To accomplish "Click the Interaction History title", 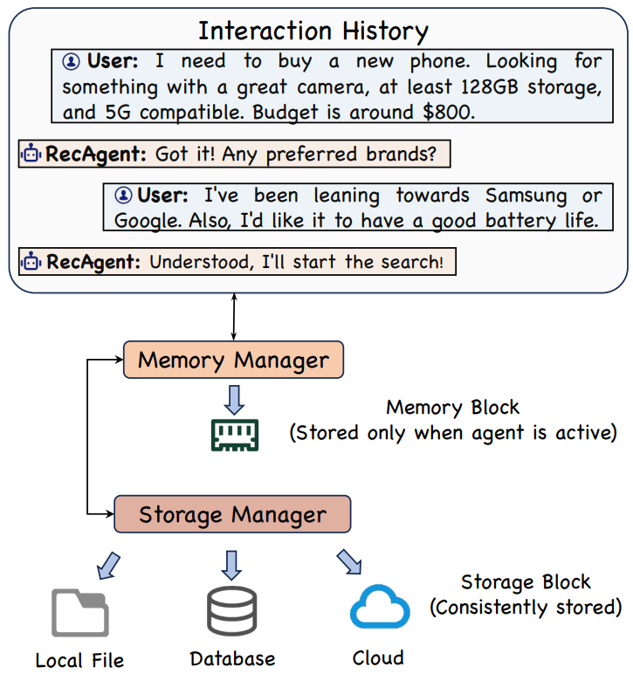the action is [313, 31].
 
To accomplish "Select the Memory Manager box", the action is [233, 360].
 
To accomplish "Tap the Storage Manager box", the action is [232, 513].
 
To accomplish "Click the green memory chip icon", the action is [235, 435].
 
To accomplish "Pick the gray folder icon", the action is [80, 613].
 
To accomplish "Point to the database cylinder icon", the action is [232, 611].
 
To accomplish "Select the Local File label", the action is [79, 660].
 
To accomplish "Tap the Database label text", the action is [232, 658].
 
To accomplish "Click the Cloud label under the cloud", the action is [378, 657].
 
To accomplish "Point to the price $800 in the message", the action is [448, 113].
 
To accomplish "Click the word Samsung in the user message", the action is [526, 196].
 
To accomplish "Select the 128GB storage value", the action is [490, 86].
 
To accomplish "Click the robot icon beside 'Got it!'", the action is [31, 154].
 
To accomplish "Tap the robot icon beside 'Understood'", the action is [31, 261].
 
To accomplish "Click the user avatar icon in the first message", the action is [72, 61].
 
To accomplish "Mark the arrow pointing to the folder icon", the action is [108, 566].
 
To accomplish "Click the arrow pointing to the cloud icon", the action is [349, 561].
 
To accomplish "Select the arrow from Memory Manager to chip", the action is [234, 400].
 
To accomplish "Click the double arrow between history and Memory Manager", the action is [234, 317].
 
